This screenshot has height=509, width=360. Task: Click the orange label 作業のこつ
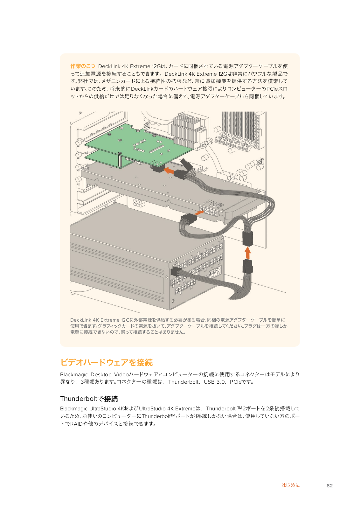point(83,66)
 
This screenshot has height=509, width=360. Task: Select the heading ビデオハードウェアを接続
point(107,362)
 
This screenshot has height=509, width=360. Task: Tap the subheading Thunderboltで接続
point(89,399)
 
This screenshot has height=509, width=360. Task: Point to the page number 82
point(329,485)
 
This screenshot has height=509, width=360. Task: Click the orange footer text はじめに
point(290,485)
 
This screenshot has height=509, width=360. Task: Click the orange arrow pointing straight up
point(248,253)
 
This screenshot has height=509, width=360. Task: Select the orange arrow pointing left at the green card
point(169,171)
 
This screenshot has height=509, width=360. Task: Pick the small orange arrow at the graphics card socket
point(199,213)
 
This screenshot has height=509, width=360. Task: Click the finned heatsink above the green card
point(188,129)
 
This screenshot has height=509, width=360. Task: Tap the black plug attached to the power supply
point(176,271)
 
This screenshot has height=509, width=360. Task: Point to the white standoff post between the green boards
point(120,159)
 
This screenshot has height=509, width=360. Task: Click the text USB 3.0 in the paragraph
point(214,382)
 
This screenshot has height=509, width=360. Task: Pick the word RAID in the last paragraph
point(76,424)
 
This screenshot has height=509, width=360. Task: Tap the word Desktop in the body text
point(101,374)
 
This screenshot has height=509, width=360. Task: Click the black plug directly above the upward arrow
point(248,238)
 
